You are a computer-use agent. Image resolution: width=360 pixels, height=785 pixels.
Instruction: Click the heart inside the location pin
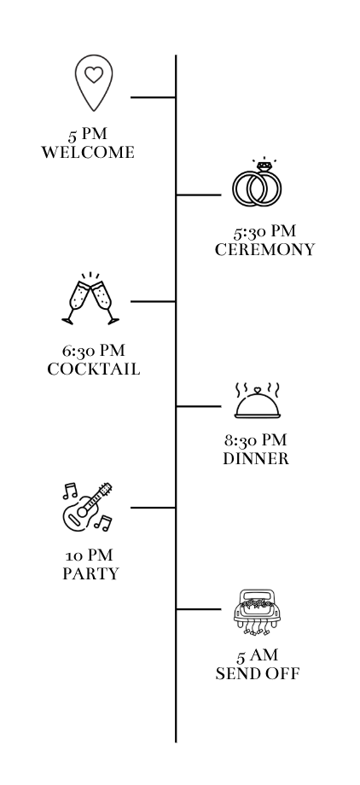(x=94, y=74)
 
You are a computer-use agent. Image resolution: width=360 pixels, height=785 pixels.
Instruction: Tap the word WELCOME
(x=88, y=152)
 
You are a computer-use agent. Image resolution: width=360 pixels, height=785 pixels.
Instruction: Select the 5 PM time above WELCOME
(x=88, y=134)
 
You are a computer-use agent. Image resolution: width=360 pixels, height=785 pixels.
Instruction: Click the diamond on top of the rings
(x=264, y=166)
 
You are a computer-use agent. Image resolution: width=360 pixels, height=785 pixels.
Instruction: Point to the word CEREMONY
(x=264, y=249)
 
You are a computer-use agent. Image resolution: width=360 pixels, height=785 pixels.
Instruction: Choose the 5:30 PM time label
(x=264, y=231)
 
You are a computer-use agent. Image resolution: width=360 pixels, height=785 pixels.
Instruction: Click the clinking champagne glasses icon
(x=90, y=299)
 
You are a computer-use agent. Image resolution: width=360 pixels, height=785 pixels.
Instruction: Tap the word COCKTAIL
(x=94, y=369)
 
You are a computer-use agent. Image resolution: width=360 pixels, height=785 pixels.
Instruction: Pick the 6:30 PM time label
(x=94, y=351)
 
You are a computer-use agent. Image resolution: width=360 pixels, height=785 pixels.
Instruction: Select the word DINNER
(x=256, y=458)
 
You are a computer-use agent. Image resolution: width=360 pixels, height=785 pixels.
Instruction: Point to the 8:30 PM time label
(x=256, y=440)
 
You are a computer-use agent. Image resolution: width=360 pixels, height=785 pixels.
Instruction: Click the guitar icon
(x=87, y=506)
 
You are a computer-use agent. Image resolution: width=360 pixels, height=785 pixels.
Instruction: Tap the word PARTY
(x=90, y=573)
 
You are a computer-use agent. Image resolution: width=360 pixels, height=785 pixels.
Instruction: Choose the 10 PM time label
(x=89, y=555)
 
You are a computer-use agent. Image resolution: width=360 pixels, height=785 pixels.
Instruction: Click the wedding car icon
(x=258, y=613)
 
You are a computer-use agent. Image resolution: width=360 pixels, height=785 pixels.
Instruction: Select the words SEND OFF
(x=258, y=674)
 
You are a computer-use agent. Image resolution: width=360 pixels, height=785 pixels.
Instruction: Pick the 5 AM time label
(x=258, y=655)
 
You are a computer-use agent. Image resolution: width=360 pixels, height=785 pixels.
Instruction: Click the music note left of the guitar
(x=70, y=491)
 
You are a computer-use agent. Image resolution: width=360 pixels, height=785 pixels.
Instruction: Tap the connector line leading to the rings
(x=199, y=195)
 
